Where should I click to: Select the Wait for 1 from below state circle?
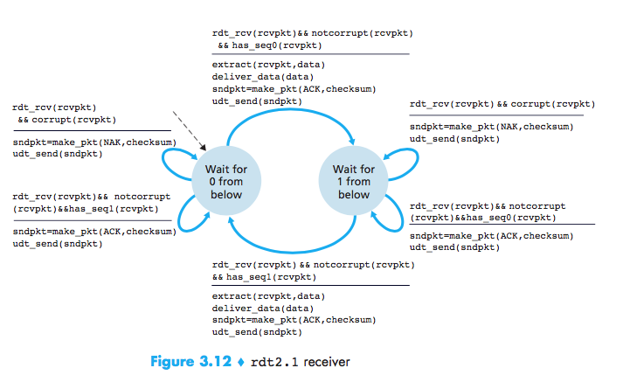(x=354, y=181)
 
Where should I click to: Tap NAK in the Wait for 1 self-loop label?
(x=508, y=127)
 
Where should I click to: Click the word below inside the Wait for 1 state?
(x=354, y=195)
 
